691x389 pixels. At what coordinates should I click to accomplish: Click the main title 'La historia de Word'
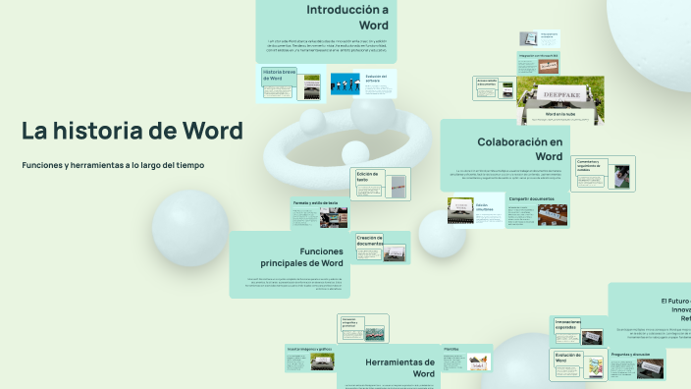click(x=133, y=131)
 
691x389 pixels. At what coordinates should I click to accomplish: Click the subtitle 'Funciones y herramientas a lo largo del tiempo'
click(x=113, y=165)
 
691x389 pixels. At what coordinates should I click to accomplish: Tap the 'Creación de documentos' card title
click(x=369, y=240)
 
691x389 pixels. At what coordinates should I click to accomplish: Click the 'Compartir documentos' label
click(x=531, y=198)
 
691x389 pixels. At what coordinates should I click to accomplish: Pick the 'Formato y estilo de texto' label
click(x=315, y=203)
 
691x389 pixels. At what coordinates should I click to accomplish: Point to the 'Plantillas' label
click(x=452, y=348)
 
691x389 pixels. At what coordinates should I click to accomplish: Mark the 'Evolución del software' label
click(x=377, y=76)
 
